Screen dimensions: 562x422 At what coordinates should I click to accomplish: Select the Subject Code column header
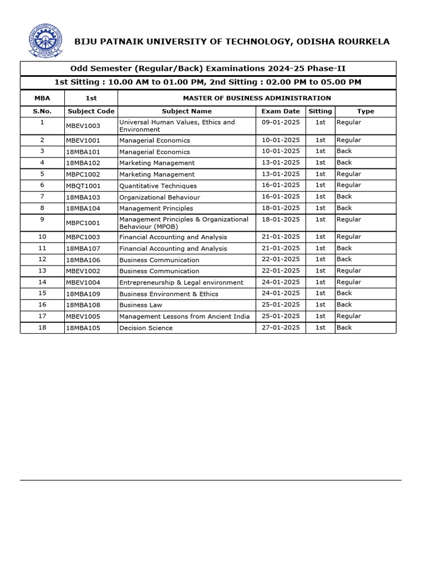[91, 111]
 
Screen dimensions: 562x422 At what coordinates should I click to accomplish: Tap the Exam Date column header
[280, 111]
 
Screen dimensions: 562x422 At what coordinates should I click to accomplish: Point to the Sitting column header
[320, 111]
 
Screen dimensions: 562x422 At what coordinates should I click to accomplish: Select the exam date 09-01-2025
[281, 122]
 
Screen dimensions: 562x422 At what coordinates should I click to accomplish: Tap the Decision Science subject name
[146, 328]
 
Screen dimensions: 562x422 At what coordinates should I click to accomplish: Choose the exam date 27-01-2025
[281, 328]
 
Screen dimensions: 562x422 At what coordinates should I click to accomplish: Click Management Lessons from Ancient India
[184, 317]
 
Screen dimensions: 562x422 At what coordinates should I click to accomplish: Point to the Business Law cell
[141, 305]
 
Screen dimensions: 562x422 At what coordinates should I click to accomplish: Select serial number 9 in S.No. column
[42, 220]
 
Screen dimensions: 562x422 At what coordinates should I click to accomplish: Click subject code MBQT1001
[83, 186]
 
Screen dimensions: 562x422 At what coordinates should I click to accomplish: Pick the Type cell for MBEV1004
[348, 282]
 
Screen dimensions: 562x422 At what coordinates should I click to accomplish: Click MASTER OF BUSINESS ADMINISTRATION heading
[257, 98]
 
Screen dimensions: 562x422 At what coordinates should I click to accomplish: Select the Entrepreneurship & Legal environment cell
[181, 283]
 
